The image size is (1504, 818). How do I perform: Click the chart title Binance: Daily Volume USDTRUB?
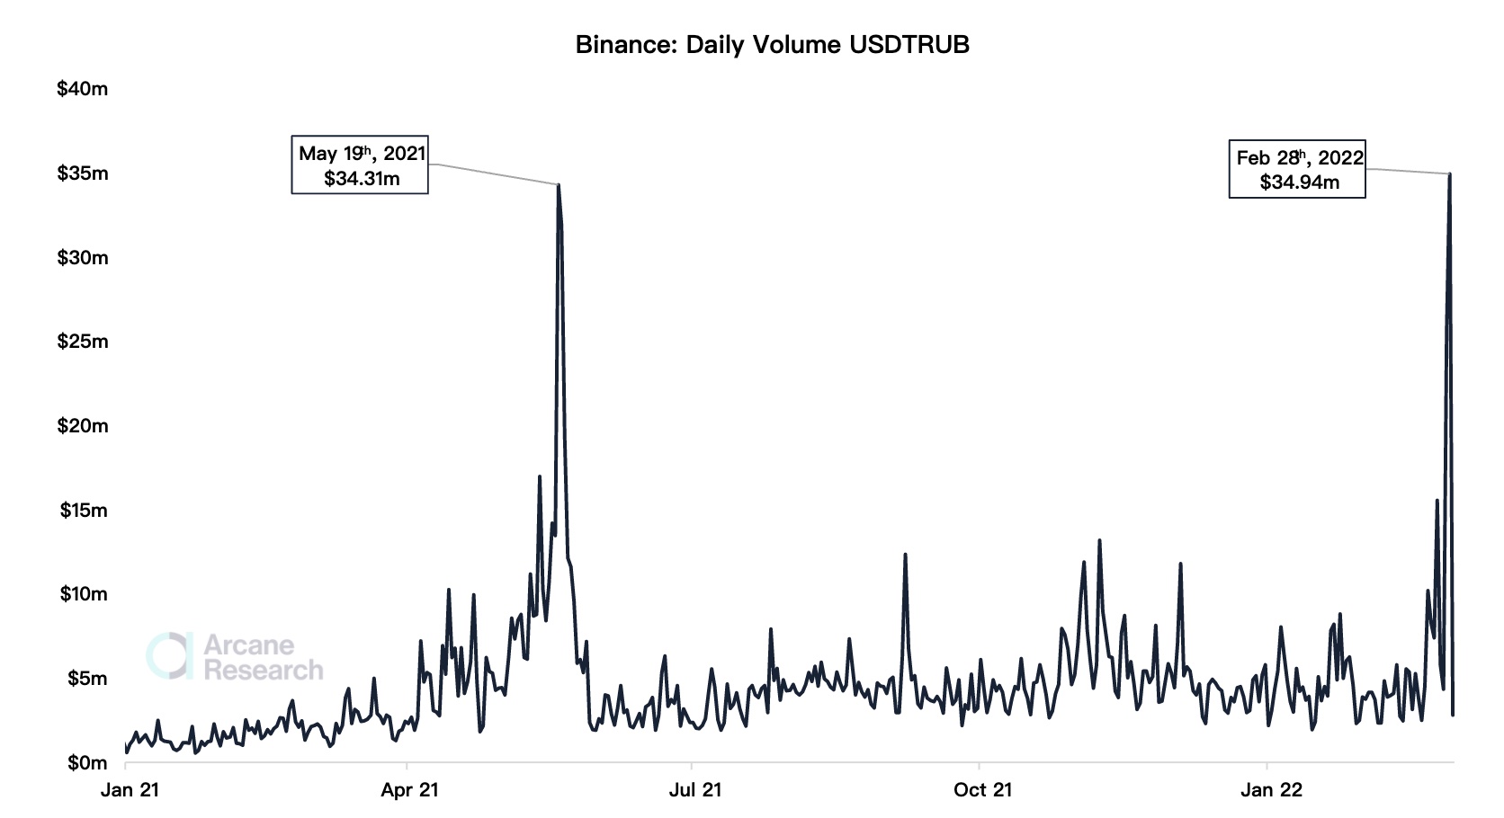tap(772, 45)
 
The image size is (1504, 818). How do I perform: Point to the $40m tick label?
tap(82, 89)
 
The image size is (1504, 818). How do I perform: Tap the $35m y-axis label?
tap(82, 173)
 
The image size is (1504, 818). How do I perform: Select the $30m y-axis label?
tap(82, 258)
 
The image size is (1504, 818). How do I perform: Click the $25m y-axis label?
tap(82, 342)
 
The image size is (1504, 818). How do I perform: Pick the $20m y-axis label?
tap(82, 426)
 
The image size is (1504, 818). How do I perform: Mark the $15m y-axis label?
tap(84, 511)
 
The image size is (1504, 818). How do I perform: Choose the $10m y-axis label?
tap(84, 594)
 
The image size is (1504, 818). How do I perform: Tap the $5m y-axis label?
tap(86, 679)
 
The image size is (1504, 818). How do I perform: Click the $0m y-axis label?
tap(86, 763)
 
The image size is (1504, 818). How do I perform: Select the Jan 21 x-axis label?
tap(130, 790)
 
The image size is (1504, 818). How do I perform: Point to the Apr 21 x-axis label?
tap(409, 790)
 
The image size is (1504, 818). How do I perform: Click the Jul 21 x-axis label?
tap(694, 790)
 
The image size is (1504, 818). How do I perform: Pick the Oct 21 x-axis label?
tap(982, 790)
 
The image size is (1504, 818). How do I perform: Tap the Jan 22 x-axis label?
tap(1270, 790)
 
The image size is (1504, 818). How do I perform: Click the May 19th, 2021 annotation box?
tap(360, 165)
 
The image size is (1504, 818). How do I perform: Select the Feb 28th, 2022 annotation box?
tap(1297, 169)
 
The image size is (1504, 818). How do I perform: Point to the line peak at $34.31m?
tap(559, 185)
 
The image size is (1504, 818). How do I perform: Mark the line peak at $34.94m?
tap(1449, 174)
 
